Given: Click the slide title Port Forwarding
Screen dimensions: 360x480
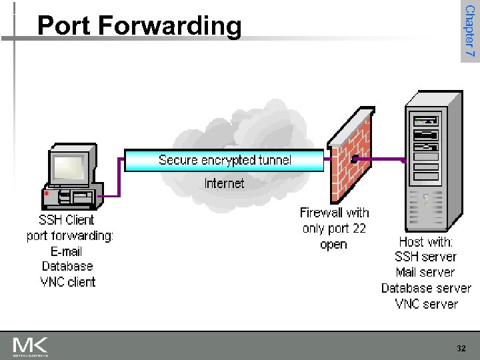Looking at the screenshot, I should point(139,25).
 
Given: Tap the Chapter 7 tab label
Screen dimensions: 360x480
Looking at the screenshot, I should point(469,31).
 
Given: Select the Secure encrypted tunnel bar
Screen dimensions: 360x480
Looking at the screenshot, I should point(225,160).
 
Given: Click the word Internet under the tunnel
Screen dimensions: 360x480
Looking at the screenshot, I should point(224,183).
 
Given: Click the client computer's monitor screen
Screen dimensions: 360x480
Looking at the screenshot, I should point(71,166).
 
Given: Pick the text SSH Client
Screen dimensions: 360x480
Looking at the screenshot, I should point(67,220).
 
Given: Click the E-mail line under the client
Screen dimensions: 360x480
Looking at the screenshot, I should point(67,251).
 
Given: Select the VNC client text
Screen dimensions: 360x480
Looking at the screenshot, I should point(68,282).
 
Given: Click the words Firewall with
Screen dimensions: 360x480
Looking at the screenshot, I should point(334,213).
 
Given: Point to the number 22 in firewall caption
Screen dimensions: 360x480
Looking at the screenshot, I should point(359,229).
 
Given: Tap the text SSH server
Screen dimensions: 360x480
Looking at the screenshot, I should point(425,257).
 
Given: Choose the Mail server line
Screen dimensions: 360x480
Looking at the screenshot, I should point(425,272).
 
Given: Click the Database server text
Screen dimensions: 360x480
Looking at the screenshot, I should point(426,288).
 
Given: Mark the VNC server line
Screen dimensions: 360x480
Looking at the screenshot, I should point(426,304).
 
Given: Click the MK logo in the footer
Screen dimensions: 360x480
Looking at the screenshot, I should point(31,347).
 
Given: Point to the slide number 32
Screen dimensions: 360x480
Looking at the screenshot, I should point(461,349).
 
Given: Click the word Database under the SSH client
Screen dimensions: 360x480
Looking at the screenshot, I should point(67,267).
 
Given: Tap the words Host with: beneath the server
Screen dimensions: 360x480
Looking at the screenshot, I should point(425,241).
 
